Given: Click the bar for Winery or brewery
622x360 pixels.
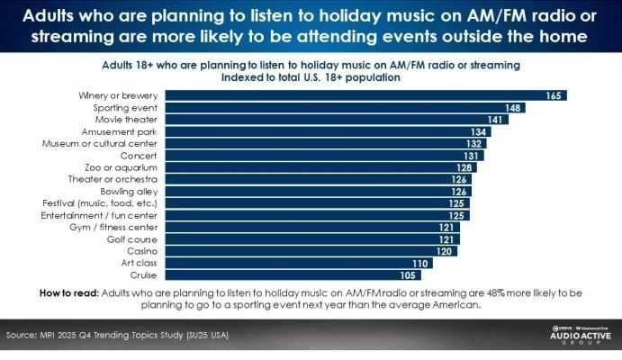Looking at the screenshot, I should coord(360,95).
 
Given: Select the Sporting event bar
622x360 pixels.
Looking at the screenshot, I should coord(342,107).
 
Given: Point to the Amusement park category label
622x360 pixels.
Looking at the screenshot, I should coord(125,131).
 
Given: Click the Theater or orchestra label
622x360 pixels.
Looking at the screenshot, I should coord(116,179).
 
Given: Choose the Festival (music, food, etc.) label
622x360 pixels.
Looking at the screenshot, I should coord(100,203).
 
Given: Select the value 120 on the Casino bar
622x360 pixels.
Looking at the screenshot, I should coord(446,251).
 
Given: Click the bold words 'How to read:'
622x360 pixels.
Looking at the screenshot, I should coord(69,293).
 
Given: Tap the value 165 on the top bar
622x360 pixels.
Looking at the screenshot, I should coord(554,95).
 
